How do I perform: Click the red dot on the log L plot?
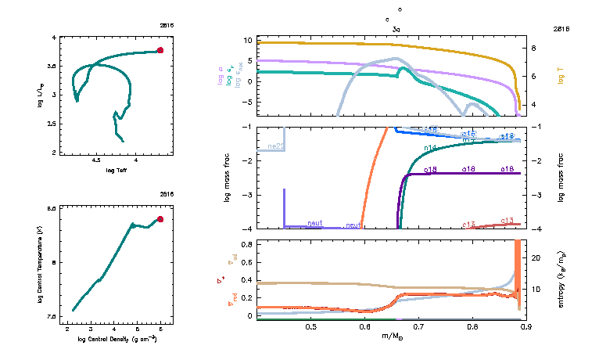(x=160, y=50)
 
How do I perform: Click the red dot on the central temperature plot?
(x=160, y=219)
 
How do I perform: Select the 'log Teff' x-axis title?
(x=117, y=171)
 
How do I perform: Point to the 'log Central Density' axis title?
(x=116, y=339)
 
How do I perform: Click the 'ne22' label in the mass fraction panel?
(x=275, y=146)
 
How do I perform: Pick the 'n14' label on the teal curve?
(x=430, y=148)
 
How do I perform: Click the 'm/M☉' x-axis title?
(x=392, y=337)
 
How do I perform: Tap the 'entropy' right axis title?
(x=561, y=279)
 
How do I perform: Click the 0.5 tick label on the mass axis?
(x=311, y=326)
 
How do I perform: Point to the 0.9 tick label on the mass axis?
(x=526, y=326)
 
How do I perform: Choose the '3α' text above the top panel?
(x=396, y=27)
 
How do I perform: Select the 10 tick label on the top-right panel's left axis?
(x=246, y=40)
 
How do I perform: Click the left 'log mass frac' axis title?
(x=228, y=177)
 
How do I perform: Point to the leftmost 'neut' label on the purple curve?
(x=315, y=223)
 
